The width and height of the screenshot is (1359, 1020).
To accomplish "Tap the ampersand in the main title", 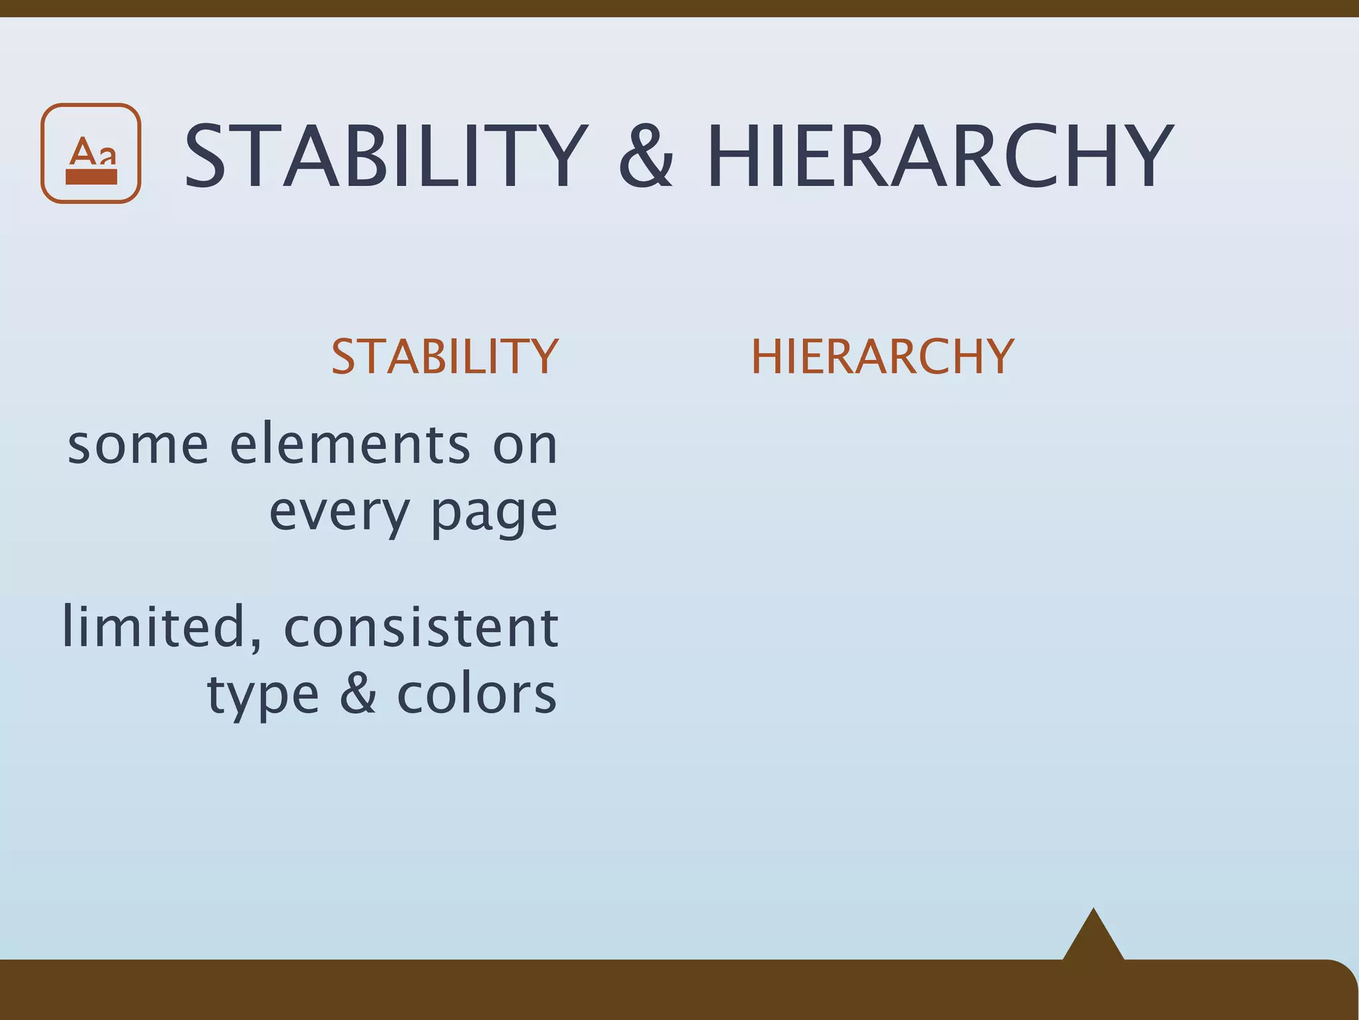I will pos(646,157).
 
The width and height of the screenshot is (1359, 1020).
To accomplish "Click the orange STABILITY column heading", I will pos(445,357).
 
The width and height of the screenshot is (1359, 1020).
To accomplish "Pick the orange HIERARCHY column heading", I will pos(883,357).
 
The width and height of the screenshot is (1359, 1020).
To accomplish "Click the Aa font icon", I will pos(91,153).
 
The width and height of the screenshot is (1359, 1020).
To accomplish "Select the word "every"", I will pos(339,512).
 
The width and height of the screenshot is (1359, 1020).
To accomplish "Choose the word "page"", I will pos(494,512).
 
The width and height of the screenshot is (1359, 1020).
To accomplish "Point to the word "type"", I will pos(263,695).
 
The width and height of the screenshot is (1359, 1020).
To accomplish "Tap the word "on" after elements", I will pos(524,446).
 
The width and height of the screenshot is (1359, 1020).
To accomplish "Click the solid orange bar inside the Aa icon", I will pos(92,177).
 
